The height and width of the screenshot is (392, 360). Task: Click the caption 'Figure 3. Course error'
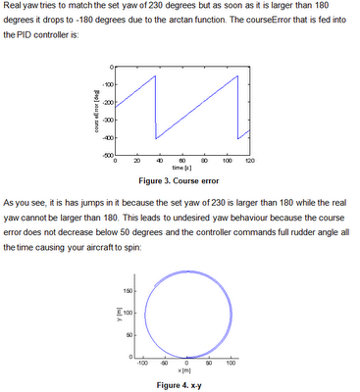click(x=180, y=181)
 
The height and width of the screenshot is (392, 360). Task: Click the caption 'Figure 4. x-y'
click(x=180, y=386)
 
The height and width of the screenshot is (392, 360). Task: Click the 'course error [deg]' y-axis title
click(x=96, y=112)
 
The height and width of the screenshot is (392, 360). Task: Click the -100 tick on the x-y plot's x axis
click(x=142, y=364)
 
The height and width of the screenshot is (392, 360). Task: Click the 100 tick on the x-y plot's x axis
click(x=231, y=364)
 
